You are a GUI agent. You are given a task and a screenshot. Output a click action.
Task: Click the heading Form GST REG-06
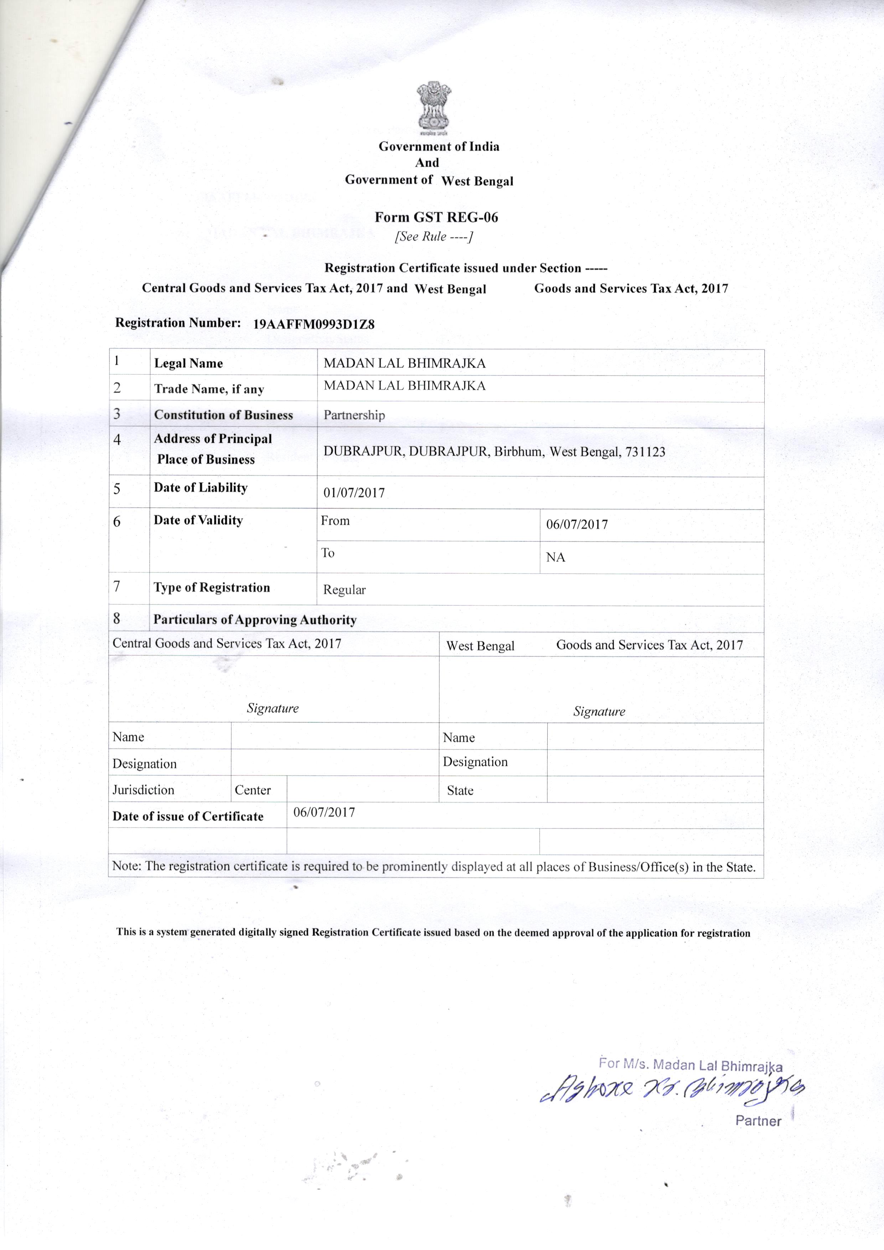click(x=436, y=217)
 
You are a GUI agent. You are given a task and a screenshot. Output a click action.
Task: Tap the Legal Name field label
click(x=188, y=364)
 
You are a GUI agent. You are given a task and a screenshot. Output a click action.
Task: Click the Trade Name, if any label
click(x=209, y=389)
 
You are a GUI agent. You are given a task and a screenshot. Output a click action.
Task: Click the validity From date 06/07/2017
click(x=577, y=525)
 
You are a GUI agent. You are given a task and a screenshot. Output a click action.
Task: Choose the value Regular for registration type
click(x=344, y=590)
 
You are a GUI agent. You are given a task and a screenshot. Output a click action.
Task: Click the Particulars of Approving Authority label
click(x=255, y=619)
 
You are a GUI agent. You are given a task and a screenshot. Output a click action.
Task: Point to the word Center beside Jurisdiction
click(x=253, y=790)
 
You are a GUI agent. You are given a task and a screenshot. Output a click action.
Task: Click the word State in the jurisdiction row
click(x=460, y=791)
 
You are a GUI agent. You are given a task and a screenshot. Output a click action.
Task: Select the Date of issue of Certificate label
click(x=188, y=816)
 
